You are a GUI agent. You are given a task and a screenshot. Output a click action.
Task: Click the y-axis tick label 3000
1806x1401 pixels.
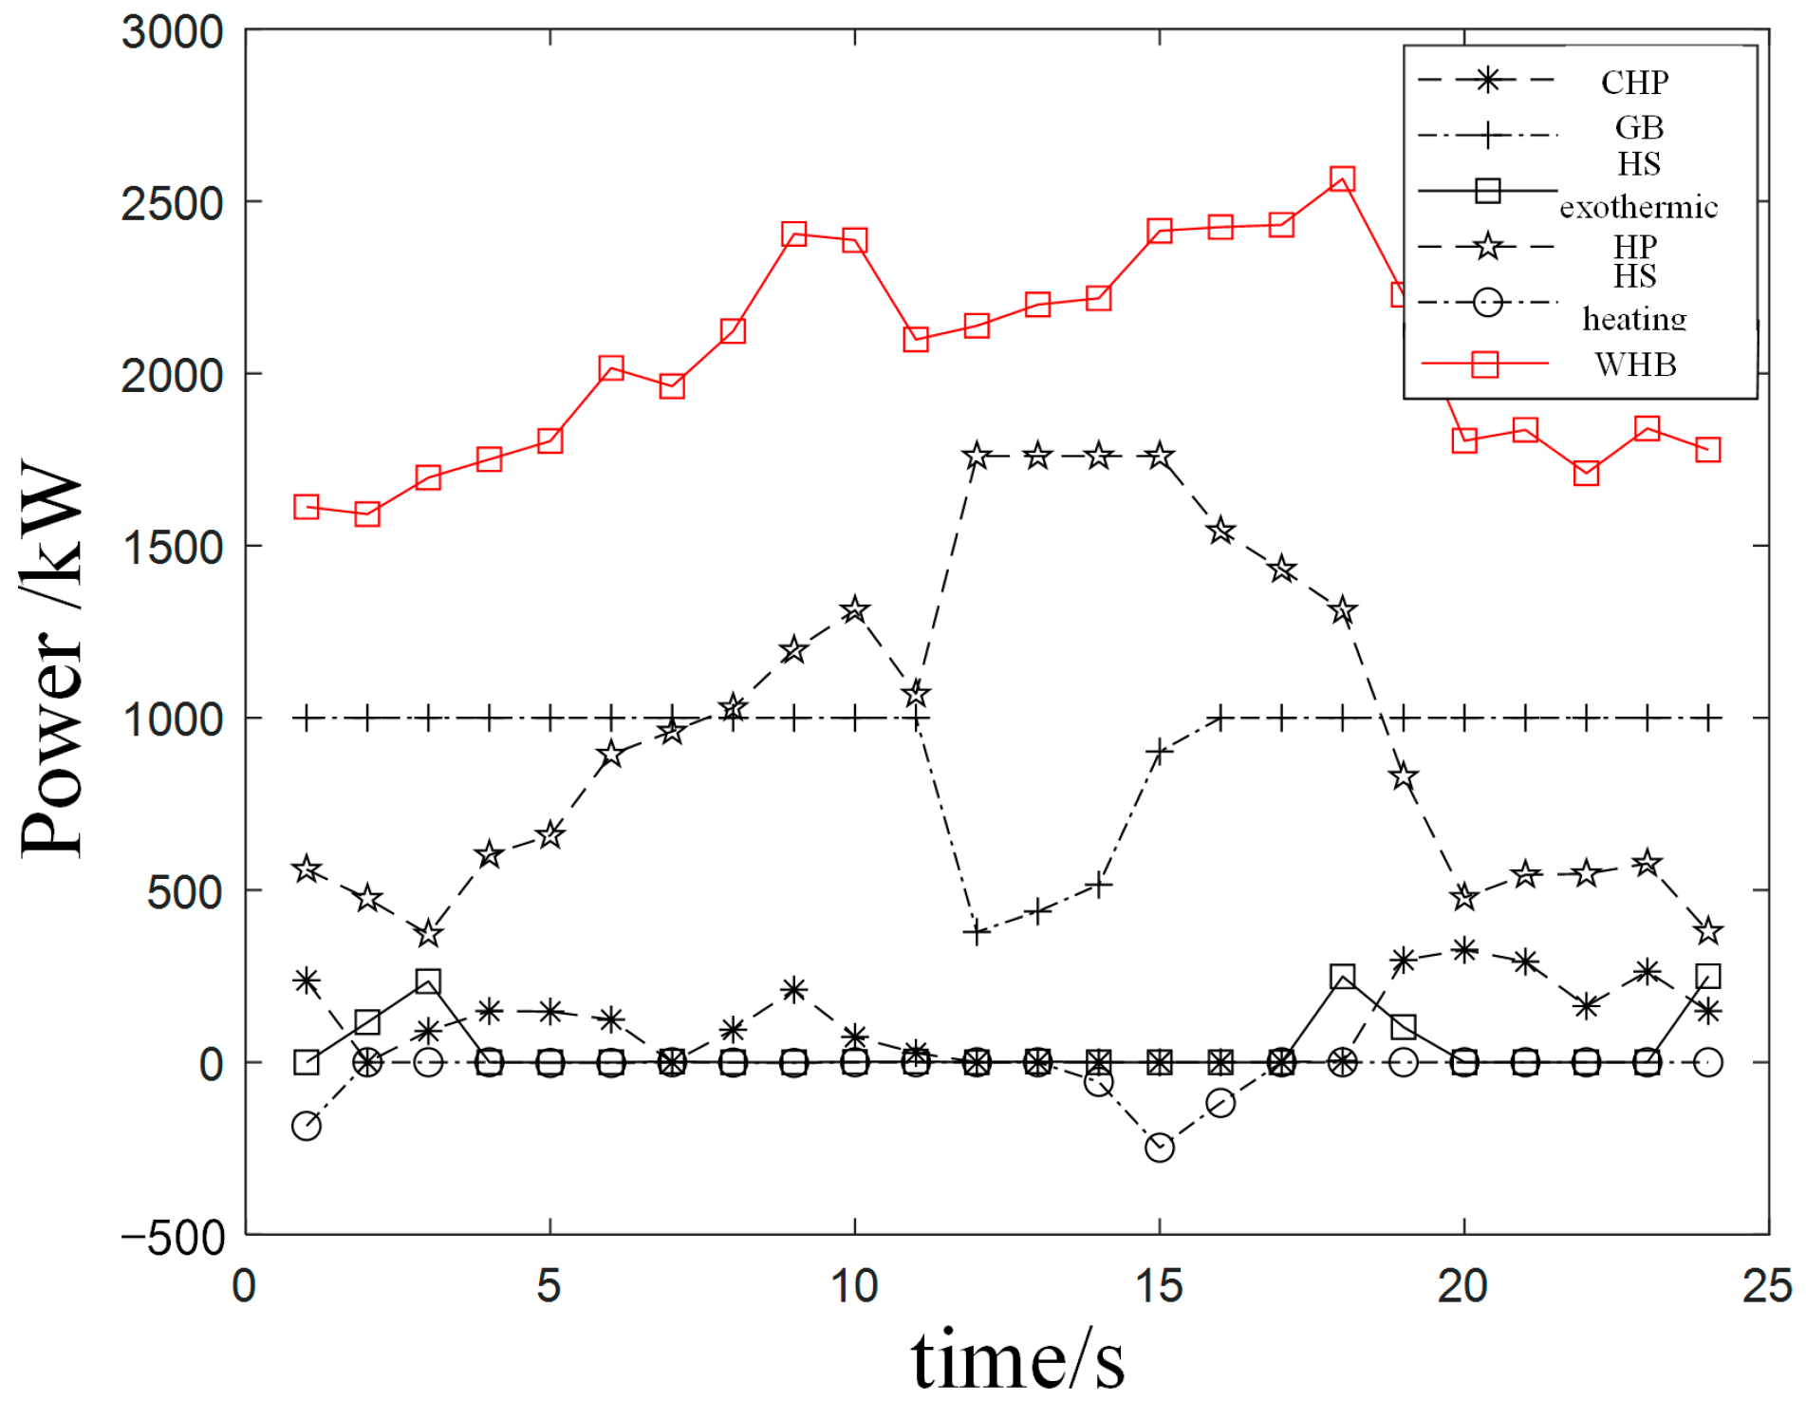click(172, 32)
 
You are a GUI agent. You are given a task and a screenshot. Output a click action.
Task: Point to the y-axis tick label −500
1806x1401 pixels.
click(172, 1239)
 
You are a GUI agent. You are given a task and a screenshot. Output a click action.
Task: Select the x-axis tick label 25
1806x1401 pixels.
click(1767, 1287)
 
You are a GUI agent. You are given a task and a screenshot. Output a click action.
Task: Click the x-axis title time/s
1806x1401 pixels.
click(1017, 1359)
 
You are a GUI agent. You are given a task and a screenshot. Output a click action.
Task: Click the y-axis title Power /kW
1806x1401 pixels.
click(53, 660)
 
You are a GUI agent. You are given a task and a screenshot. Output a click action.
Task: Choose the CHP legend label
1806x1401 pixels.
click(1634, 83)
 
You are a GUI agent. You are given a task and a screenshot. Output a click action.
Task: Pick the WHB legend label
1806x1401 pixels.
click(1635, 364)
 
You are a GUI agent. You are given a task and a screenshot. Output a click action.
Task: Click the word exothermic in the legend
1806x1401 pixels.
click(1638, 207)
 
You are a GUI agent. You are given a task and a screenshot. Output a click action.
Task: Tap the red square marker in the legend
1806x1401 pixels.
click(1484, 364)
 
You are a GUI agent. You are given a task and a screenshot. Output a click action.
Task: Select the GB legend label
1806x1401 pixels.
click(1639, 127)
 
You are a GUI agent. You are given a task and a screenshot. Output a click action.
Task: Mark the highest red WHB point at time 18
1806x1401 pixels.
click(1341, 178)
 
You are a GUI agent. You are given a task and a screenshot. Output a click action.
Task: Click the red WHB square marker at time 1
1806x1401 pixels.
click(306, 507)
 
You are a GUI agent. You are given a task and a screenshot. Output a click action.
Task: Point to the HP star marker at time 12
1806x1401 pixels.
click(977, 457)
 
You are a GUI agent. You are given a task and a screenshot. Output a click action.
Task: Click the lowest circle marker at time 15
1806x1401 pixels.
click(1159, 1148)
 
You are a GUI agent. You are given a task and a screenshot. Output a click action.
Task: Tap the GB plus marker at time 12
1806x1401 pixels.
click(977, 933)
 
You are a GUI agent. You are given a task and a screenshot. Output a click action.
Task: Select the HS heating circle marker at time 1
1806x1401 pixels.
click(306, 1127)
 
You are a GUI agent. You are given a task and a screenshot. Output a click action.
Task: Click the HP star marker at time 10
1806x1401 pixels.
click(854, 609)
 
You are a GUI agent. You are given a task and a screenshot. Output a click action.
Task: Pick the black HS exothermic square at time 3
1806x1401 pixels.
click(428, 981)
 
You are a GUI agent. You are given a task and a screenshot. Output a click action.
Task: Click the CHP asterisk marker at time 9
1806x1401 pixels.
click(793, 990)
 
